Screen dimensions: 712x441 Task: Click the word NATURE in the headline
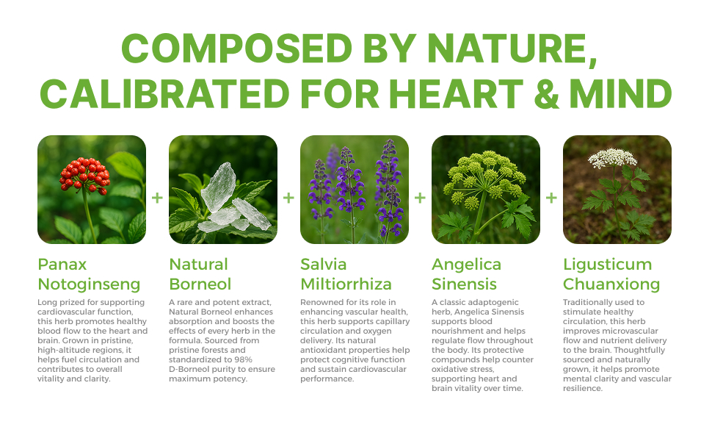pos(512,49)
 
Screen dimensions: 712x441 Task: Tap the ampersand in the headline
pos(546,93)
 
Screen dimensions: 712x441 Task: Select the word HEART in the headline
pos(456,93)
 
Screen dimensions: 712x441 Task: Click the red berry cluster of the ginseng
pos(85,175)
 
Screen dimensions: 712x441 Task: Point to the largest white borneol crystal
pos(219,187)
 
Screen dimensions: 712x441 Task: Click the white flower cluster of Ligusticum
pos(612,157)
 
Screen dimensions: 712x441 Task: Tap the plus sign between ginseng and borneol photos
pos(157,198)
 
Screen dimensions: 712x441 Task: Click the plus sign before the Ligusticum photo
pos(551,198)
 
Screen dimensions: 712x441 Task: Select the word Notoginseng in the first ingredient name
pos(89,284)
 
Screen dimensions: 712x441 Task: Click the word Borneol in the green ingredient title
pos(200,284)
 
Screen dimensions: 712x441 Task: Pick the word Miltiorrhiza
pos(346,284)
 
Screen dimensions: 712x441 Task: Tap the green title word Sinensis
pos(464,284)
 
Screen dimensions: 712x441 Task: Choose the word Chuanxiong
pos(611,284)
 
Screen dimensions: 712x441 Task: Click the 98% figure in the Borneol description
pos(242,359)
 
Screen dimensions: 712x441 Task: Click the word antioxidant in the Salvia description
pos(322,350)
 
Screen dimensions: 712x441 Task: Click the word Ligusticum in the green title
pos(608,265)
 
